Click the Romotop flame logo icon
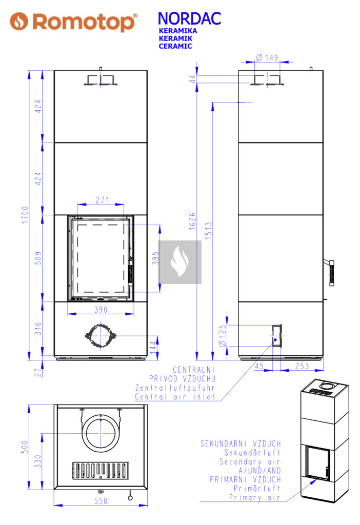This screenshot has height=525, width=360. pos(19,21)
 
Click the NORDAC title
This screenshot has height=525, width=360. pos(190,19)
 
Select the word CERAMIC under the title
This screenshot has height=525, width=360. pos(175,46)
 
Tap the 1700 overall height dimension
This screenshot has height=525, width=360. pos(25,215)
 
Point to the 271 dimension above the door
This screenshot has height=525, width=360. pos(103,200)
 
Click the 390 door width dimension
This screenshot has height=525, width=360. pos(101,309)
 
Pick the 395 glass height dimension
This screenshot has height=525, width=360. pos(155,258)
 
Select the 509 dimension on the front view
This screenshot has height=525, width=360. pos(38,258)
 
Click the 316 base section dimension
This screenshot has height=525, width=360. pos(38,329)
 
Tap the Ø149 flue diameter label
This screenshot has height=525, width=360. pos(267,57)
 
